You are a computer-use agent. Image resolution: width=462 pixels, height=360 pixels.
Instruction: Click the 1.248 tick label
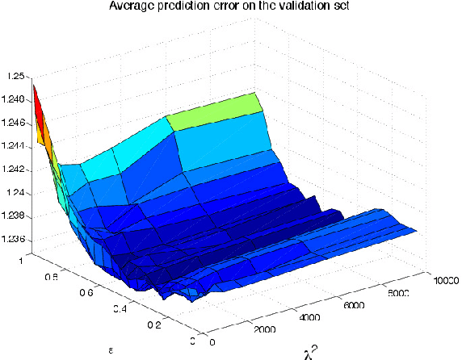[14, 100]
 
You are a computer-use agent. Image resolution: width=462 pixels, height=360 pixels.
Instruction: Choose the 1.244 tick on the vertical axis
[14, 146]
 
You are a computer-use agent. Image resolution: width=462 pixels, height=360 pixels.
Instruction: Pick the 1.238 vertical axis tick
[14, 216]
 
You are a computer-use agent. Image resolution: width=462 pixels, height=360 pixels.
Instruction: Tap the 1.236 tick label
[14, 240]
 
